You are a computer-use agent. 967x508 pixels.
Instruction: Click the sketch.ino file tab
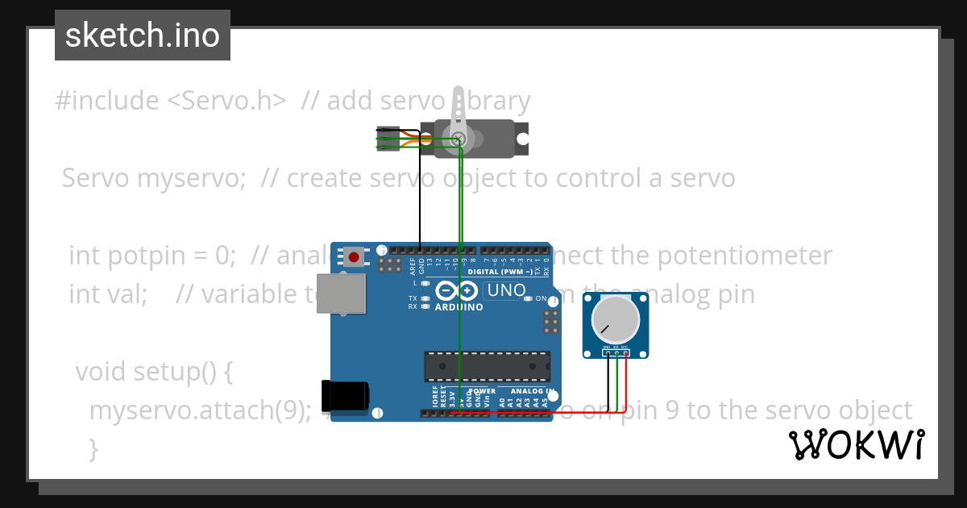[x=143, y=35]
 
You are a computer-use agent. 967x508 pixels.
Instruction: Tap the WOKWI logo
[x=856, y=444]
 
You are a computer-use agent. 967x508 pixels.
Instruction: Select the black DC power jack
[x=345, y=394]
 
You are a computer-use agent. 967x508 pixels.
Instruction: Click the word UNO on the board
[x=507, y=290]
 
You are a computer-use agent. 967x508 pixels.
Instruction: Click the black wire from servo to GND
[x=419, y=194]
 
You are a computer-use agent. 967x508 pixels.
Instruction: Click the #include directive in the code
[x=107, y=101]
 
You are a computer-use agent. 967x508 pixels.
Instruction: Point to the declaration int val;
[x=107, y=294]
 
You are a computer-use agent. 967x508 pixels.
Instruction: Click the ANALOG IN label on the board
[x=533, y=391]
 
